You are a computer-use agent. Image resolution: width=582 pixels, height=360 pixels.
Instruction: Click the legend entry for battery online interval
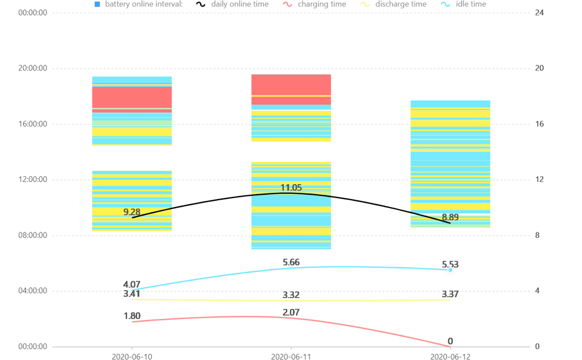pyautogui.click(x=139, y=4)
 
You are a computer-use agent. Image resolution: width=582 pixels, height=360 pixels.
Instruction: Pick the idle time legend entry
pyautogui.click(x=469, y=4)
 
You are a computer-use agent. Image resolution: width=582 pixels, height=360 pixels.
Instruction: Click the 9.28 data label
pyautogui.click(x=132, y=211)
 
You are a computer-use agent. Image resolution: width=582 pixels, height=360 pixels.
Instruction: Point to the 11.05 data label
pyautogui.click(x=291, y=188)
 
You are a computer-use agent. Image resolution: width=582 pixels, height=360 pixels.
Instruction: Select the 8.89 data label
pyautogui.click(x=450, y=217)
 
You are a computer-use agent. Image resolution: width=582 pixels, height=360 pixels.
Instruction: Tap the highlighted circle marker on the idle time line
pyautogui.click(x=450, y=270)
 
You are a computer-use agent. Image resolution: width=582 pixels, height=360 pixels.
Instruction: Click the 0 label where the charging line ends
pyautogui.click(x=450, y=341)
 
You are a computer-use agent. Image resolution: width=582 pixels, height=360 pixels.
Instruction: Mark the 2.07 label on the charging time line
pyautogui.click(x=291, y=313)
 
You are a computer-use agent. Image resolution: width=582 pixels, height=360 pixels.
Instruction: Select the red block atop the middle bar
pyautogui.click(x=291, y=85)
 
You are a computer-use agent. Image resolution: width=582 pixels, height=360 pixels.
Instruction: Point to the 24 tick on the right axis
pyautogui.click(x=537, y=13)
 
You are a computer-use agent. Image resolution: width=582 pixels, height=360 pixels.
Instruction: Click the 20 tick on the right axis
pyautogui.click(x=537, y=69)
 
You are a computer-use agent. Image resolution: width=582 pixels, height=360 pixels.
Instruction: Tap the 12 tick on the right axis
pyautogui.click(x=537, y=180)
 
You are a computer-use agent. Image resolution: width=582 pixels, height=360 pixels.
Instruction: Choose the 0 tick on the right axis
pyautogui.click(x=537, y=347)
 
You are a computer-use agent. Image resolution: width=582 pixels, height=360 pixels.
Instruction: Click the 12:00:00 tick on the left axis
pyautogui.click(x=33, y=180)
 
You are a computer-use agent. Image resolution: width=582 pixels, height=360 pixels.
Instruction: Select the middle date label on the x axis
pyautogui.click(x=291, y=356)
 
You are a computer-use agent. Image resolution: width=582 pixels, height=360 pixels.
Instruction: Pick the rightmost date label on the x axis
pyautogui.click(x=450, y=356)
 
